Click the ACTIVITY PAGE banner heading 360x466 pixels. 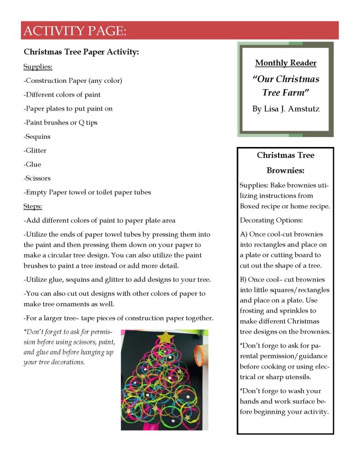coord(74,31)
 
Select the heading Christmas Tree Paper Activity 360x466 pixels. coord(81,52)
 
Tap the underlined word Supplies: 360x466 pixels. coord(38,67)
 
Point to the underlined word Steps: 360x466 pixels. coord(33,206)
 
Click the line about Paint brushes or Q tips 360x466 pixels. coord(61,122)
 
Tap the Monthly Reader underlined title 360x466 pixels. coord(285,63)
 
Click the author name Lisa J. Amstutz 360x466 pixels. coord(285,109)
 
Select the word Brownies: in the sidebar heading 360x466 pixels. coord(285,171)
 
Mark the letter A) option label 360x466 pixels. coord(243,234)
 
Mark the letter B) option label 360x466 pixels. coord(243,279)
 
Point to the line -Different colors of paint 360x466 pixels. coord(62,95)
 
